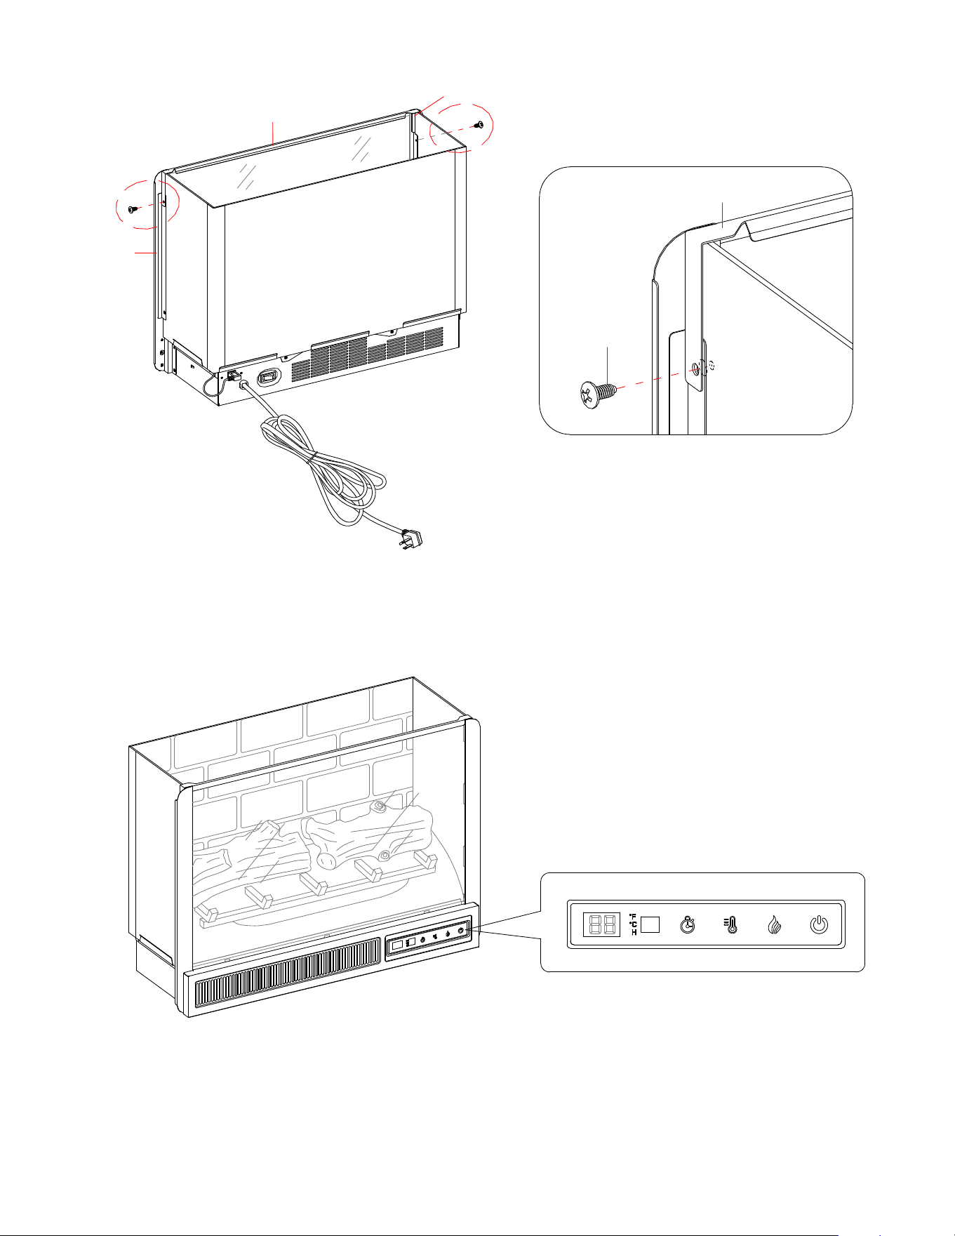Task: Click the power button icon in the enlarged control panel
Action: [818, 924]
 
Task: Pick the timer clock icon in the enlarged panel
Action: [688, 924]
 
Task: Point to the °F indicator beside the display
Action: [633, 916]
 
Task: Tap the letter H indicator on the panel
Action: [634, 932]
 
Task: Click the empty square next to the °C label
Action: [650, 924]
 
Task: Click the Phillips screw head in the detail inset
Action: [589, 395]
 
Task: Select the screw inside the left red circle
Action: [133, 209]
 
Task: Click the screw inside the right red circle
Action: [480, 124]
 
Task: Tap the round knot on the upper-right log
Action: [380, 806]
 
